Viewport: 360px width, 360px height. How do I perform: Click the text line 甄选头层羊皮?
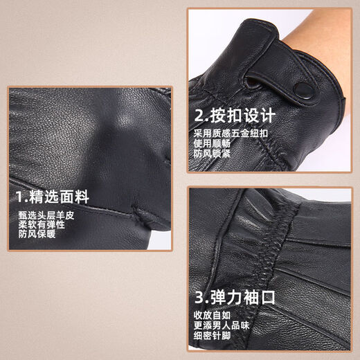coord(47,215)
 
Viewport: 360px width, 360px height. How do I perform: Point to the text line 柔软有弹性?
coord(43,224)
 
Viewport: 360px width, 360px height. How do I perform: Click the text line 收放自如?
coord(212,317)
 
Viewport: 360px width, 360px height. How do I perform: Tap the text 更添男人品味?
coord(220,327)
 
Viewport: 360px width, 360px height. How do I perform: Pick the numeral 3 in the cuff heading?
coord(199,298)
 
